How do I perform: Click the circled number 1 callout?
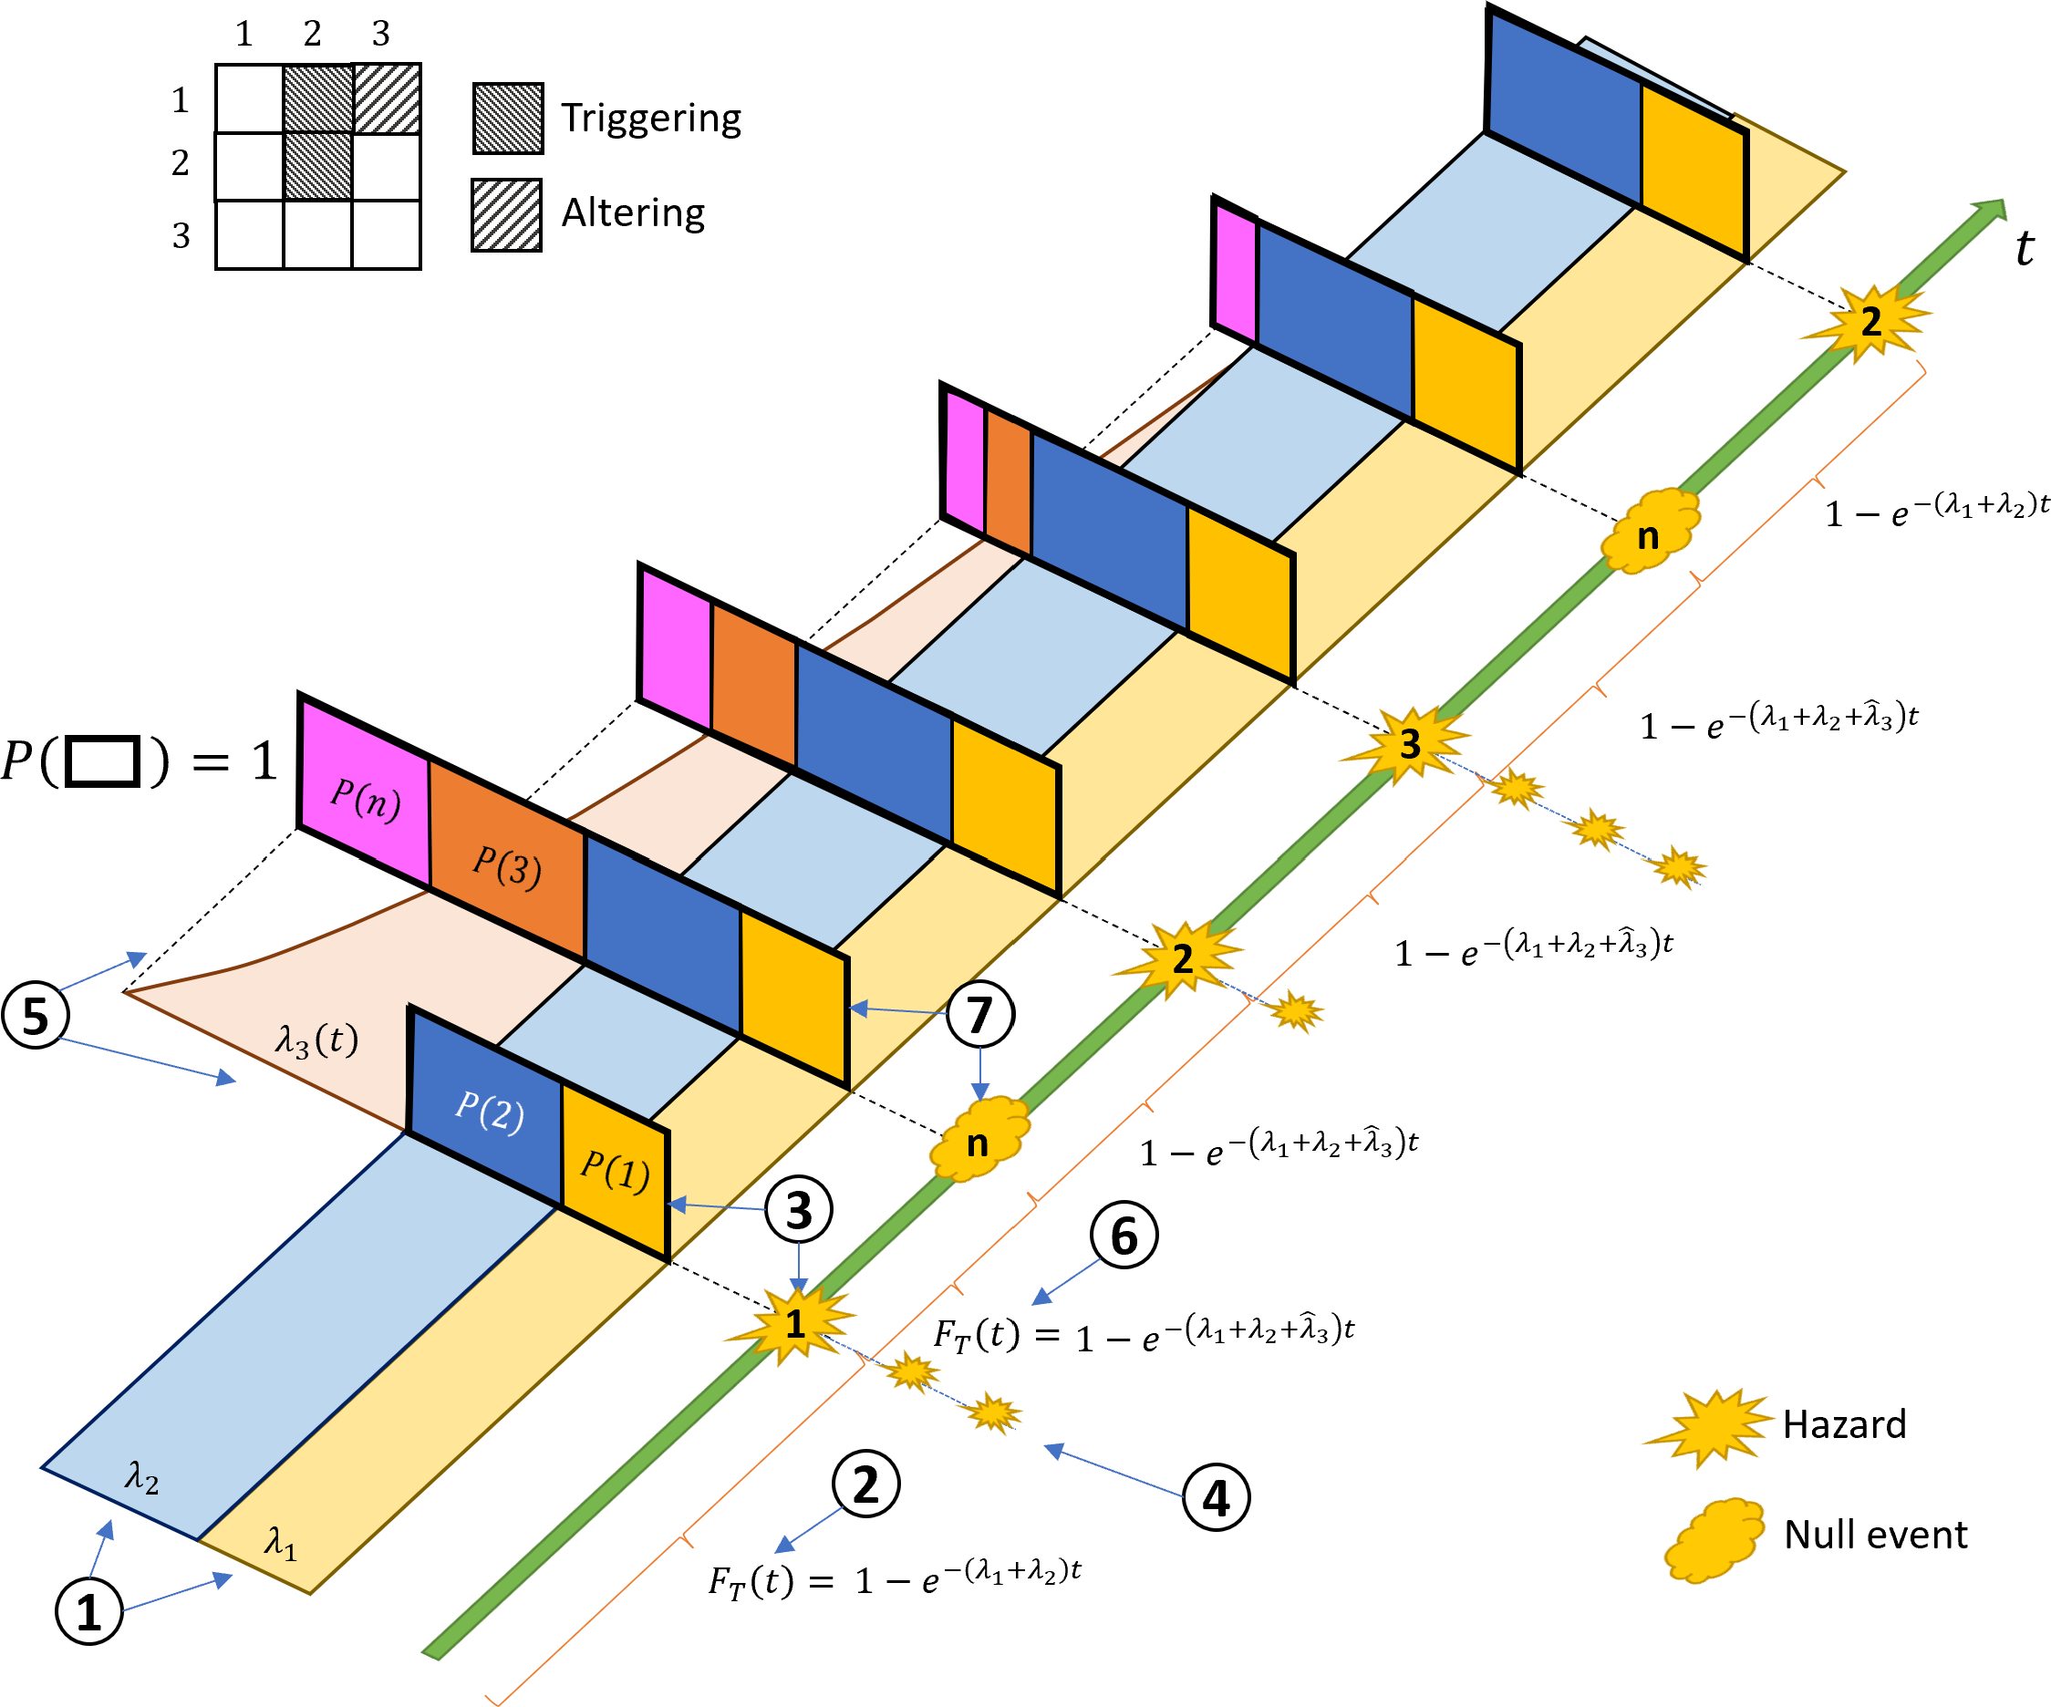(88, 1611)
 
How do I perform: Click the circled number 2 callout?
(866, 1485)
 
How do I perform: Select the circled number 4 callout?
(1216, 1497)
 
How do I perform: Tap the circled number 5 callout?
(36, 1016)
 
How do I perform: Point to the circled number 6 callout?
(1124, 1236)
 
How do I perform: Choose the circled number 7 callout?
(980, 1014)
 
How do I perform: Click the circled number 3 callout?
(799, 1210)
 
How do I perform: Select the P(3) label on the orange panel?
(507, 865)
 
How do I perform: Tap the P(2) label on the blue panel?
(490, 1111)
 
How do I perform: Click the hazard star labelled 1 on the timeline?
(795, 1323)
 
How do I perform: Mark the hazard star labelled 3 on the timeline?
(1409, 743)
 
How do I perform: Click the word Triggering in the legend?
(651, 119)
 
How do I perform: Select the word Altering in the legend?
(633, 212)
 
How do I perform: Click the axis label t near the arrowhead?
(2025, 248)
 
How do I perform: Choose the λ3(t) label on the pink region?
(316, 1040)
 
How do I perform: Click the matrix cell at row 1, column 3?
(387, 98)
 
